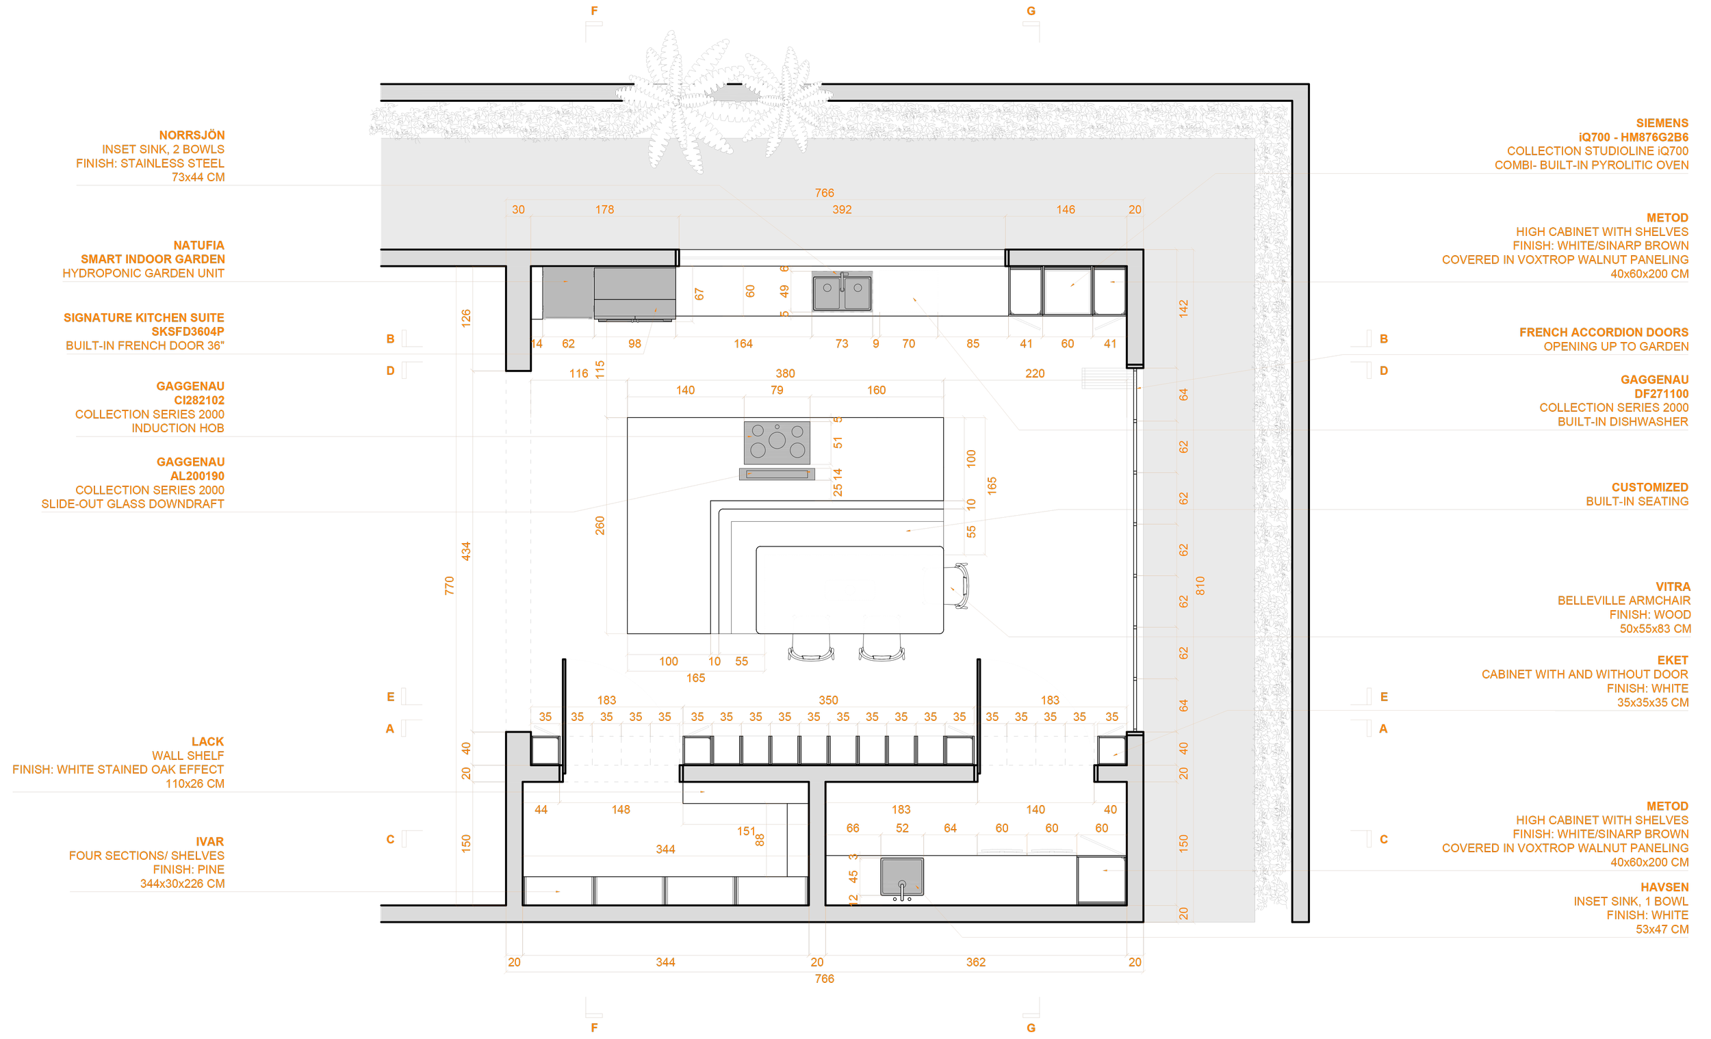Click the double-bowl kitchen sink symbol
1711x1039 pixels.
[842, 291]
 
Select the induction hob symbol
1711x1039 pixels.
[777, 442]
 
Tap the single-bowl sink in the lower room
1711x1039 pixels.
[902, 877]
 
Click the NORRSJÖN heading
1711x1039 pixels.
[192, 135]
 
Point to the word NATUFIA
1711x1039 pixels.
[198, 245]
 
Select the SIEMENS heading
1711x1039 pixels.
[1662, 123]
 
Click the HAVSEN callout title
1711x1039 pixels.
[1664, 887]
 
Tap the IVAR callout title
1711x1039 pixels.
[209, 841]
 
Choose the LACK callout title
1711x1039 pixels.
[207, 741]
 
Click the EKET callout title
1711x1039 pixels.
[1672, 660]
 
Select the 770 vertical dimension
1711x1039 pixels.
[449, 585]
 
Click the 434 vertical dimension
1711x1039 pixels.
[466, 551]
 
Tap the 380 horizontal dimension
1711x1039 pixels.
[785, 373]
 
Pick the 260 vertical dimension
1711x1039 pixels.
[600, 525]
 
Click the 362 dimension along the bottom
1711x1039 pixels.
[976, 962]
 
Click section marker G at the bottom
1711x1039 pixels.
[1031, 1028]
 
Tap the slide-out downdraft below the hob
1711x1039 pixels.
[777, 474]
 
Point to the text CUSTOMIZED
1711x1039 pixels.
[1649, 487]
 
